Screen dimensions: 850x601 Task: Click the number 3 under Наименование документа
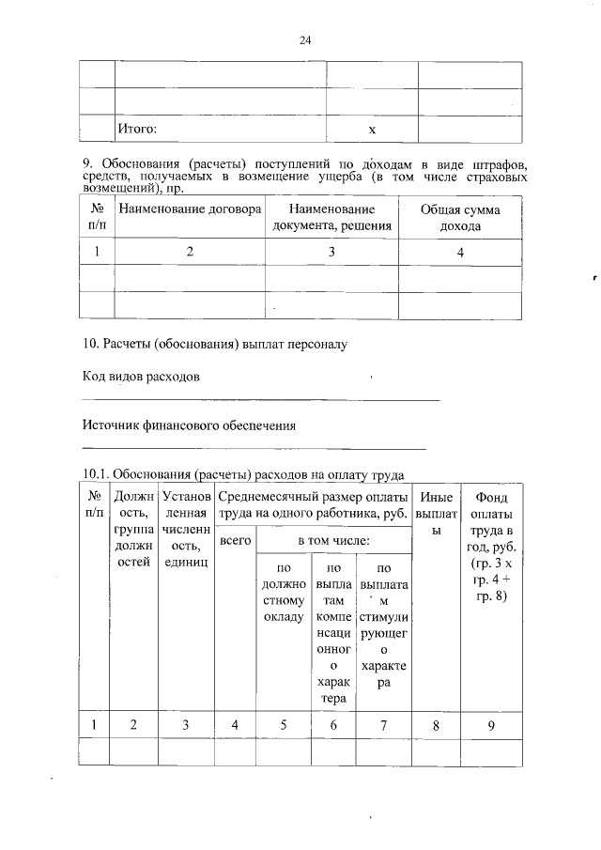point(331,251)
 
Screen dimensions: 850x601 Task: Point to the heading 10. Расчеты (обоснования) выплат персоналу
point(214,345)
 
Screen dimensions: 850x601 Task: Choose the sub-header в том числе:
point(333,541)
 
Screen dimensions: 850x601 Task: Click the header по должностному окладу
point(281,592)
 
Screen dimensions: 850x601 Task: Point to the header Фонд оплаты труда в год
point(491,545)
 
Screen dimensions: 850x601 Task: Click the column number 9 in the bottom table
point(491,723)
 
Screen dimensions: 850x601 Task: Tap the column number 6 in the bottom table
point(332,723)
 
